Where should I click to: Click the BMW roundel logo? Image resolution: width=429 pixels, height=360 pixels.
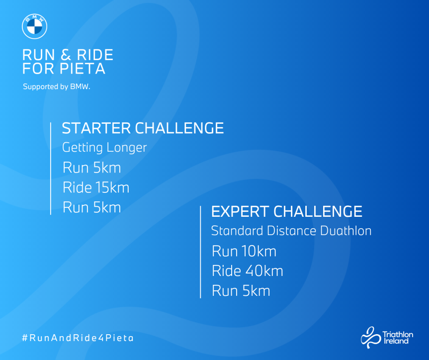[34, 26]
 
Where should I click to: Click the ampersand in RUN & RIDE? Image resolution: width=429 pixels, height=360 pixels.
[66, 55]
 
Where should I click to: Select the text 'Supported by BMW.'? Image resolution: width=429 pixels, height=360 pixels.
[57, 87]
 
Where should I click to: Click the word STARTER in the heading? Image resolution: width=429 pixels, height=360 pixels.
[96, 128]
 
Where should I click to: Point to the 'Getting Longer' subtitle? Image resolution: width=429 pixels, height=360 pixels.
[104, 148]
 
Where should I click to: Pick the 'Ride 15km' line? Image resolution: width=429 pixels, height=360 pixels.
[96, 188]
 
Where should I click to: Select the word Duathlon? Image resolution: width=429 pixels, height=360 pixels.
[346, 231]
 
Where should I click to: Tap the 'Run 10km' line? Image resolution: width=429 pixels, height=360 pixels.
[244, 251]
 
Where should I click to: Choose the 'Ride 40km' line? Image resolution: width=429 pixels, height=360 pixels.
[248, 271]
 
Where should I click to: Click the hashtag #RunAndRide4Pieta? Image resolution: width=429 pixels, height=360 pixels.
[78, 338]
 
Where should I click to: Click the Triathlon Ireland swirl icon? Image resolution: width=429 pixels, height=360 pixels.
[371, 337]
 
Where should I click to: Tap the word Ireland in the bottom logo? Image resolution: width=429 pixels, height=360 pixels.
[396, 341]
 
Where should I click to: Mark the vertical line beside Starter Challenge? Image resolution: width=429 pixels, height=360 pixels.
[51, 169]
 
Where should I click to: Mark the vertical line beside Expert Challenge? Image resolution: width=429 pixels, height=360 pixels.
[200, 252]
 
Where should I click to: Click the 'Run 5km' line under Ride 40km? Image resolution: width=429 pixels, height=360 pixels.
[241, 291]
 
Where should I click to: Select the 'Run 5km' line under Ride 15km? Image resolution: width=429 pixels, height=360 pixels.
[92, 207]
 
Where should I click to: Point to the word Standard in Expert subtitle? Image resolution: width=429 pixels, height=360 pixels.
[237, 231]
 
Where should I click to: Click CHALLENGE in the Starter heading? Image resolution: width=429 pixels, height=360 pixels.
[179, 128]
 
